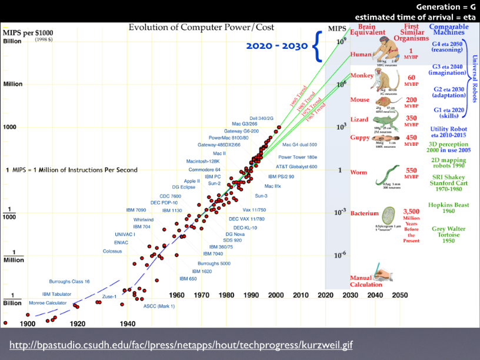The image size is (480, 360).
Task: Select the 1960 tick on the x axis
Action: tap(177, 295)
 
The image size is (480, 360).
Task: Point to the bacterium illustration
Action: tap(388, 215)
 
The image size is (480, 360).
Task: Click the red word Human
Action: tap(361, 55)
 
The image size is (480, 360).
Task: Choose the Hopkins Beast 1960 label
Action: tap(449, 208)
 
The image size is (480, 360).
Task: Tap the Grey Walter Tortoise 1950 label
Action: tap(449, 235)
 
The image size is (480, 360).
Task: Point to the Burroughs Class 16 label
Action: tap(69, 282)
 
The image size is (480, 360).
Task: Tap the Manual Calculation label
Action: tap(366, 281)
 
